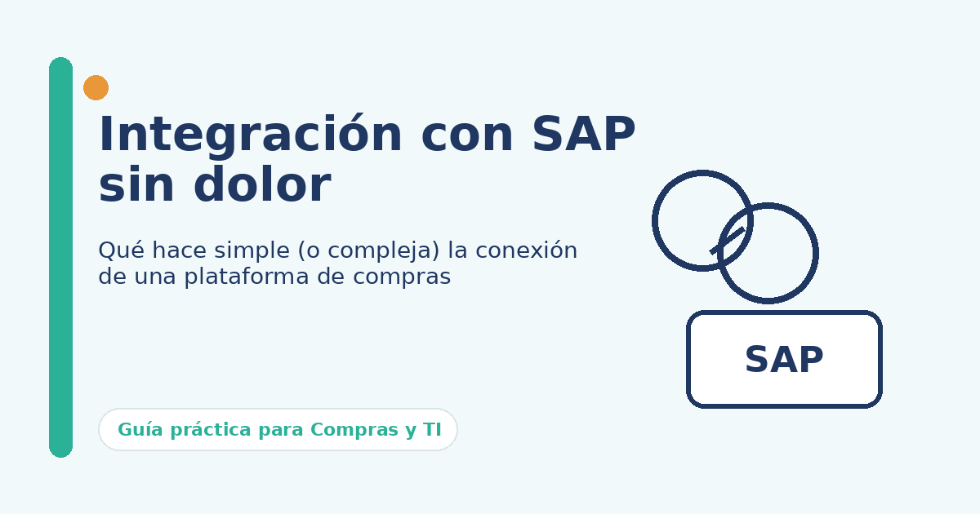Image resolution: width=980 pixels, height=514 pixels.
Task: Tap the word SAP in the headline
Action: click(583, 135)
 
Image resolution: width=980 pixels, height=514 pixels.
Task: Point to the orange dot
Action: click(96, 87)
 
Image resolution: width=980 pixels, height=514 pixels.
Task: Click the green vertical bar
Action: click(60, 257)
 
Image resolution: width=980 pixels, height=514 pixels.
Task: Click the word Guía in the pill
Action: click(137, 430)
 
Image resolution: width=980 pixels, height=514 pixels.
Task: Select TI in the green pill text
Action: click(432, 430)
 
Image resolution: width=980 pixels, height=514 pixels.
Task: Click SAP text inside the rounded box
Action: click(784, 361)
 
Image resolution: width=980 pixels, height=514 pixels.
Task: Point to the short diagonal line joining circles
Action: click(727, 241)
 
